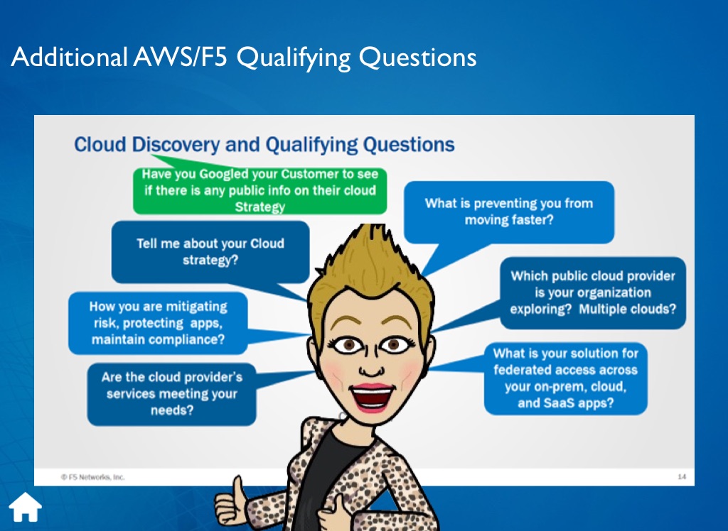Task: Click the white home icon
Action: pos(26,507)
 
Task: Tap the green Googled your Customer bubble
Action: pos(259,190)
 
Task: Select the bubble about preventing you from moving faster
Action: pos(509,212)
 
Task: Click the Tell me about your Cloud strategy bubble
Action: pos(210,252)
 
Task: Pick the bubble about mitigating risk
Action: pos(158,323)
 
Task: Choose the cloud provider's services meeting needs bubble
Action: pos(172,394)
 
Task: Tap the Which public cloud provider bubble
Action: pos(593,292)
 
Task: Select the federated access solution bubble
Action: pos(565,378)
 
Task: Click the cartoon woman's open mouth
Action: pos(371,398)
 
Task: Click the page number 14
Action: pos(682,477)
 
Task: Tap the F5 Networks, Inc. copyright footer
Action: pos(93,477)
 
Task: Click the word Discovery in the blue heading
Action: pos(176,145)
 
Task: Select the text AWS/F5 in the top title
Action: pos(180,57)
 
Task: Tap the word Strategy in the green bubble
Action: pos(260,207)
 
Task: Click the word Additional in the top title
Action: pos(70,57)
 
